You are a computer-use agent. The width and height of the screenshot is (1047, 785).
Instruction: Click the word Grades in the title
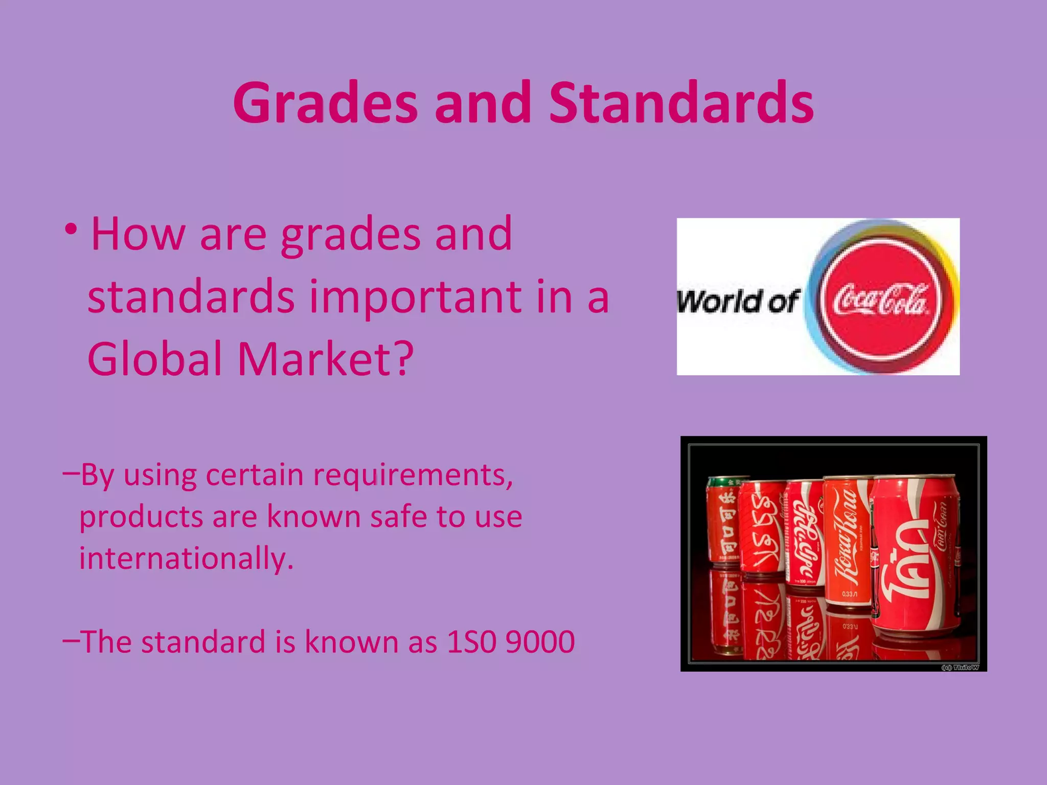pos(325,104)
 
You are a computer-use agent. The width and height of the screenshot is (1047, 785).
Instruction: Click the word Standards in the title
pos(681,104)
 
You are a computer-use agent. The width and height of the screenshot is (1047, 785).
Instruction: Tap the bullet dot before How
pos(72,230)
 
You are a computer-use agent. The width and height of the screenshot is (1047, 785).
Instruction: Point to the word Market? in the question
pos(325,359)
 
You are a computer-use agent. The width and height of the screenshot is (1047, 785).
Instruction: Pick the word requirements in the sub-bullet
pos(412,476)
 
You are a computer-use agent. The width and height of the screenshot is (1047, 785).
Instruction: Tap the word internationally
pos(186,558)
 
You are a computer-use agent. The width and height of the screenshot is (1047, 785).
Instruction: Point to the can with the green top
pos(722,521)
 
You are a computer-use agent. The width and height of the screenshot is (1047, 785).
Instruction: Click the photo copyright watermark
pos(960,667)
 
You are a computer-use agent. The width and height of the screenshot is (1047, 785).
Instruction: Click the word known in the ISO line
pos(351,642)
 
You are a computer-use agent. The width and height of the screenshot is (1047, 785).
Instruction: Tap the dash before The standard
pos(71,639)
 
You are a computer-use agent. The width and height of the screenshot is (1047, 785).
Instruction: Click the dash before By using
pos(71,473)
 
